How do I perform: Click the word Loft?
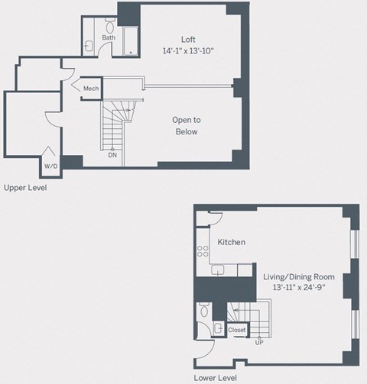[187, 40]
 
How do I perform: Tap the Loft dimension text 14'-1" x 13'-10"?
[187, 51]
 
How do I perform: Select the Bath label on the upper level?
[109, 37]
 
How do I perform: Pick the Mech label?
[91, 89]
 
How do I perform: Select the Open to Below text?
[187, 126]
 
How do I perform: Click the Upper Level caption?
[24, 186]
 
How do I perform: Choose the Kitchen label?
[231, 242]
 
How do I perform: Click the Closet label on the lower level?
[237, 330]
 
